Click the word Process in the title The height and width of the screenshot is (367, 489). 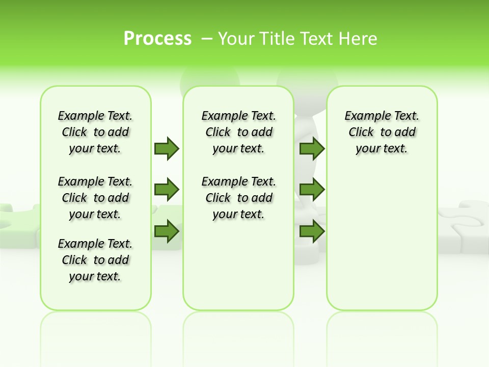tap(157, 39)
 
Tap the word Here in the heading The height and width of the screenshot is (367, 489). tap(359, 39)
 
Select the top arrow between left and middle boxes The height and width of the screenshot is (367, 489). tap(167, 148)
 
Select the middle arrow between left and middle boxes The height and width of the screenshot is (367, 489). tap(167, 190)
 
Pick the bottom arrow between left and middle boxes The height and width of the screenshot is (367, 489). tap(167, 231)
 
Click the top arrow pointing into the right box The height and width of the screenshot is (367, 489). tap(312, 148)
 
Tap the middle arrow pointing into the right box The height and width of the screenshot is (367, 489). tap(312, 190)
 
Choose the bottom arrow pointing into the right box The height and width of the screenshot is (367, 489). tap(312, 231)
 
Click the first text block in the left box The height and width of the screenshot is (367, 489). tap(95, 132)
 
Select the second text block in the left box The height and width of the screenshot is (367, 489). tap(95, 198)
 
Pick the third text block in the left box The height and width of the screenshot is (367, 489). tap(95, 260)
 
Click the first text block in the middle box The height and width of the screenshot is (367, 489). tap(239, 132)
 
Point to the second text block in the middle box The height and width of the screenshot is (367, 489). tap(239, 198)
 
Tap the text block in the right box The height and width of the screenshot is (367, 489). tap(382, 132)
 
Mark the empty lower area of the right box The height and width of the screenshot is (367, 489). tap(382, 240)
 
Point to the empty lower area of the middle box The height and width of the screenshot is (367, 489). tap(238, 265)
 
